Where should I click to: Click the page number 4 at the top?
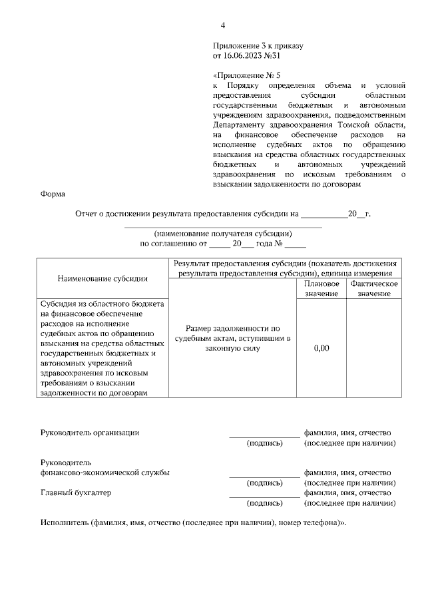(x=223, y=25)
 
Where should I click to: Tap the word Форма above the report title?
(x=53, y=194)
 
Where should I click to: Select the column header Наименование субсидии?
(x=103, y=278)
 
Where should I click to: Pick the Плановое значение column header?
(x=321, y=288)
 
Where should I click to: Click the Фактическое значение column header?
(x=373, y=288)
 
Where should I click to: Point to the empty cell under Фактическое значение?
(x=373, y=349)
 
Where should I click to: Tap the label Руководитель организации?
(x=90, y=433)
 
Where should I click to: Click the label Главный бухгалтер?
(x=76, y=493)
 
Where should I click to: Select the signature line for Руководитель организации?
(x=264, y=436)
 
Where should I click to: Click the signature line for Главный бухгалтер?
(x=264, y=497)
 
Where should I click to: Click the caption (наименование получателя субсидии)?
(x=223, y=234)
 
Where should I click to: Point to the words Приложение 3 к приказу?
(x=258, y=47)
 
